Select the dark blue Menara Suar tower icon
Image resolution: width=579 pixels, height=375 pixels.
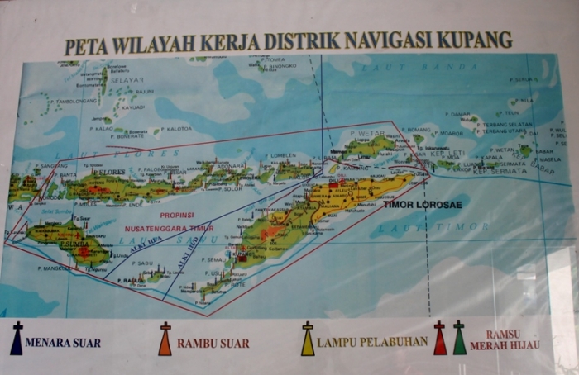tap(16, 339)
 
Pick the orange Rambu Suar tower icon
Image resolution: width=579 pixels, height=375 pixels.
tap(165, 339)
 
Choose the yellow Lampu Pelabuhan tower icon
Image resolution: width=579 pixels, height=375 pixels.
tap(308, 339)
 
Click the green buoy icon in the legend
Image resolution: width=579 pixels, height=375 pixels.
tap(459, 339)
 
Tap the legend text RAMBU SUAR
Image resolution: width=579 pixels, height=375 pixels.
tap(213, 343)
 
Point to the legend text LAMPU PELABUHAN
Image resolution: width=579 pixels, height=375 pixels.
tap(371, 341)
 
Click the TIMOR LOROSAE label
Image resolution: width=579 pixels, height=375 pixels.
tap(417, 202)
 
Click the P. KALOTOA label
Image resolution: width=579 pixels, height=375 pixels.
tap(177, 129)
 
